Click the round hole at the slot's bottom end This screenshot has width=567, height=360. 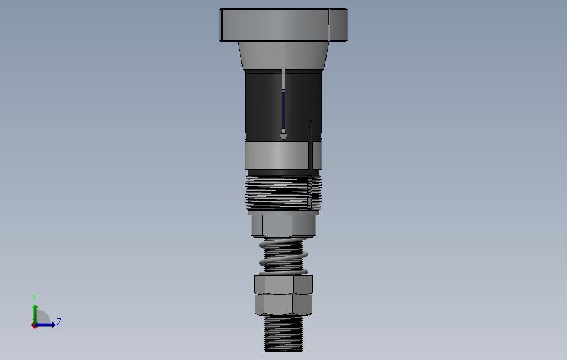pyautogui.click(x=283, y=134)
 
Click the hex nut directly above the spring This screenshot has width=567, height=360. pyautogui.click(x=283, y=225)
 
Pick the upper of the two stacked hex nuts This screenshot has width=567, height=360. pyautogui.click(x=283, y=284)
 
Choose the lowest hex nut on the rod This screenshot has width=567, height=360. pyautogui.click(x=283, y=304)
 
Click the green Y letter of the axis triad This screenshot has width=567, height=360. pyautogui.click(x=35, y=298)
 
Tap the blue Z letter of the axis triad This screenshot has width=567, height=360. pyautogui.click(x=59, y=321)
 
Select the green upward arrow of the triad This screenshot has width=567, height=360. pyautogui.click(x=35, y=311)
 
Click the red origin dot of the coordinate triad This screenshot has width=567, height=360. pyautogui.click(x=35, y=325)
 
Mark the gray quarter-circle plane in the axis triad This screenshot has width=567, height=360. pyautogui.click(x=43, y=319)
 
